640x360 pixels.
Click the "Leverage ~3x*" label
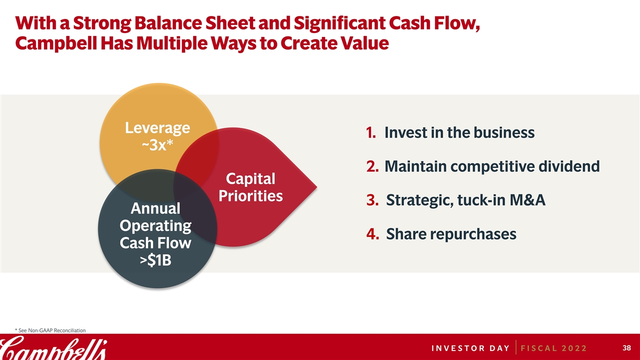click(157, 136)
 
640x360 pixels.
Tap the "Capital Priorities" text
click(250, 187)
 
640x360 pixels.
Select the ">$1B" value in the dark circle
click(155, 260)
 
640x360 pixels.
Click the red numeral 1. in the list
click(371, 132)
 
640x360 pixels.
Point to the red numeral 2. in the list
click(372, 166)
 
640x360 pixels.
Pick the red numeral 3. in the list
click(372, 200)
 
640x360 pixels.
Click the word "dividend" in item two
click(569, 166)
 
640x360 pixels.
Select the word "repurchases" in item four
click(473, 234)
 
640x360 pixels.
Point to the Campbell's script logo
click(53, 347)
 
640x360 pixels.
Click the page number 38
click(627, 347)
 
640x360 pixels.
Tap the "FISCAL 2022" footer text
click(553, 348)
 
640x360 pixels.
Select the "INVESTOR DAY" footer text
click(470, 348)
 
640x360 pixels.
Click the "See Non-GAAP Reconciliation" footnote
click(50, 330)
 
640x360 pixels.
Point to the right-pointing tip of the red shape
click(317, 187)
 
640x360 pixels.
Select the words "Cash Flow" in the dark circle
click(155, 243)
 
